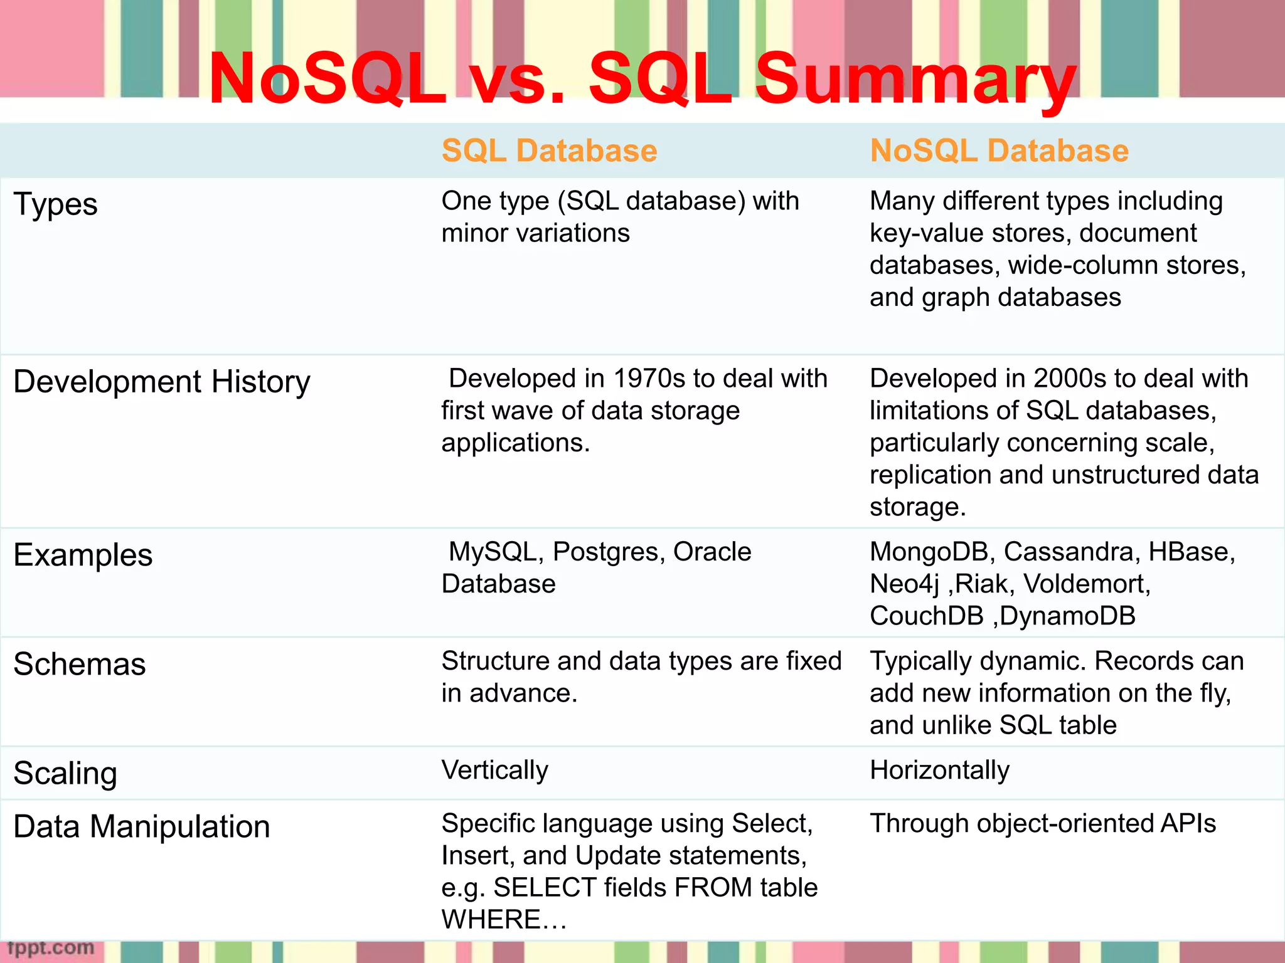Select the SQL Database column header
(x=549, y=151)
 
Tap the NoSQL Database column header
(x=999, y=151)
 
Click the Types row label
(x=56, y=205)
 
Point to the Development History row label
(x=162, y=382)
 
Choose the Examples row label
(x=83, y=555)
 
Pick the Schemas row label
(x=80, y=665)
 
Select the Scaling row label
(x=65, y=774)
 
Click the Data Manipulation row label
(x=142, y=827)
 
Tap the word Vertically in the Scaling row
(x=494, y=771)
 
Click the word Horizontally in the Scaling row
(x=939, y=771)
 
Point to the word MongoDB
(x=929, y=552)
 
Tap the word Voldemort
(x=1086, y=584)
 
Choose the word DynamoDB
(x=1068, y=616)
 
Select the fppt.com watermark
(x=50, y=948)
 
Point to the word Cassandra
(x=1071, y=552)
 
